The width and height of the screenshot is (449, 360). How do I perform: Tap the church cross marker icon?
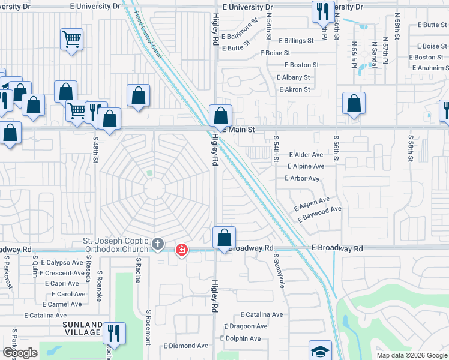[158, 244]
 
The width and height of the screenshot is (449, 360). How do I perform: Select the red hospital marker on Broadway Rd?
[180, 250]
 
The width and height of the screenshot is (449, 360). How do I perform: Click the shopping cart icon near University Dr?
[71, 40]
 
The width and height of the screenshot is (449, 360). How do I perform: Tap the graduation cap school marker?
[320, 352]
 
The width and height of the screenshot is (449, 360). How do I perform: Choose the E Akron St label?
[295, 89]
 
